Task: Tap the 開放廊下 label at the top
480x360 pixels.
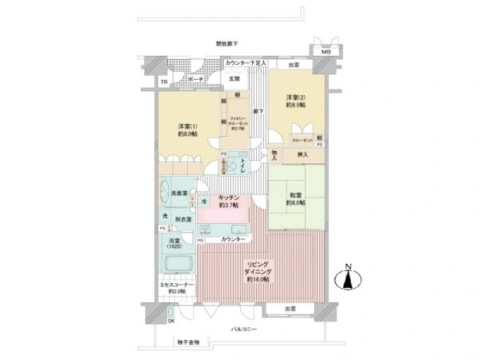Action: tap(227, 44)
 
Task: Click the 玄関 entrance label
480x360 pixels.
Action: tap(234, 78)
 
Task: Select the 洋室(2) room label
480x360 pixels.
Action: tap(297, 102)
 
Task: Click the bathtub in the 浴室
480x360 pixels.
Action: tap(174, 265)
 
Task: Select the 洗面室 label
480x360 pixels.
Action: tap(178, 193)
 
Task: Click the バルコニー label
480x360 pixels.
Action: tap(243, 328)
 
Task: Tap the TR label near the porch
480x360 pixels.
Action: tap(162, 82)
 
